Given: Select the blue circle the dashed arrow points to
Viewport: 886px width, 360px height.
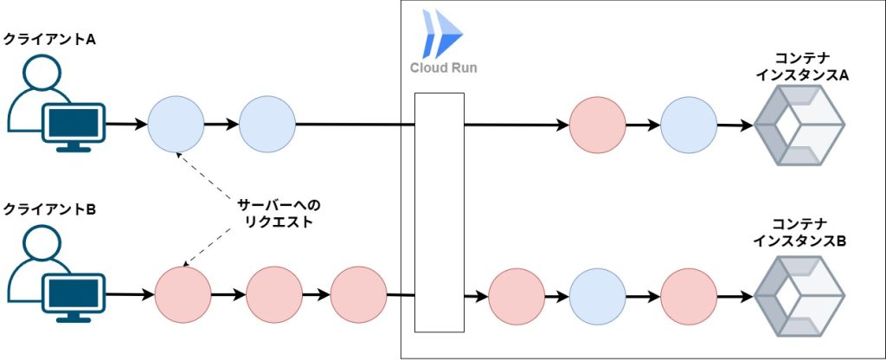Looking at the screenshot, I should [x=176, y=125].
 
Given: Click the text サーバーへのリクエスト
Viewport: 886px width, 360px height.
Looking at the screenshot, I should [x=279, y=213].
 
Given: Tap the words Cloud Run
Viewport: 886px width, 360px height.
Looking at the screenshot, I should [x=443, y=67].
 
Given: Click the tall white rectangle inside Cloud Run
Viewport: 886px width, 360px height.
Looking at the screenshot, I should [x=440, y=212].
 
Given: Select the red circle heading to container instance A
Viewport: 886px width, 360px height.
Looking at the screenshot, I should [x=597, y=125].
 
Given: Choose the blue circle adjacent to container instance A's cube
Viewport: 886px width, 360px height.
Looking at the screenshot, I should [x=688, y=125].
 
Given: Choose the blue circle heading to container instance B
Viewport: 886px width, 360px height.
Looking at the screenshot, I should [x=597, y=295].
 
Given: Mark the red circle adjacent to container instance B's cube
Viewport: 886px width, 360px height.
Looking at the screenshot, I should [x=688, y=295].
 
